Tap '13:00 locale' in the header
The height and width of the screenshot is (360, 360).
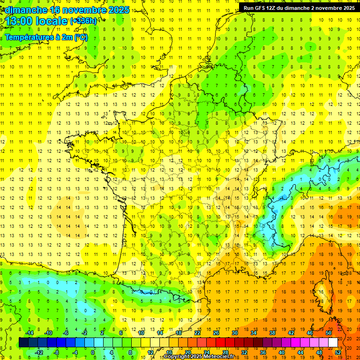click(x=37, y=21)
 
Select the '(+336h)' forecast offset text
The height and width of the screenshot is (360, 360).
click(x=83, y=21)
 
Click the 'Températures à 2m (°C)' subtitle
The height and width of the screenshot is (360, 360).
click(x=46, y=37)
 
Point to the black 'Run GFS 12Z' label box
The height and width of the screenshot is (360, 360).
click(x=299, y=8)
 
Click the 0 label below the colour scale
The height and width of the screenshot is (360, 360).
click(x=93, y=352)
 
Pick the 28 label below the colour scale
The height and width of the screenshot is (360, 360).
click(x=225, y=352)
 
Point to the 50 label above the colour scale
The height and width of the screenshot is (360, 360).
click(x=329, y=332)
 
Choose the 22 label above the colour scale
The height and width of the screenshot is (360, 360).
click(x=197, y=332)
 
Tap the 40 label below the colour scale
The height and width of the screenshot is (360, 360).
click(x=282, y=352)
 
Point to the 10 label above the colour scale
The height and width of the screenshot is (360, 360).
click(x=141, y=332)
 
